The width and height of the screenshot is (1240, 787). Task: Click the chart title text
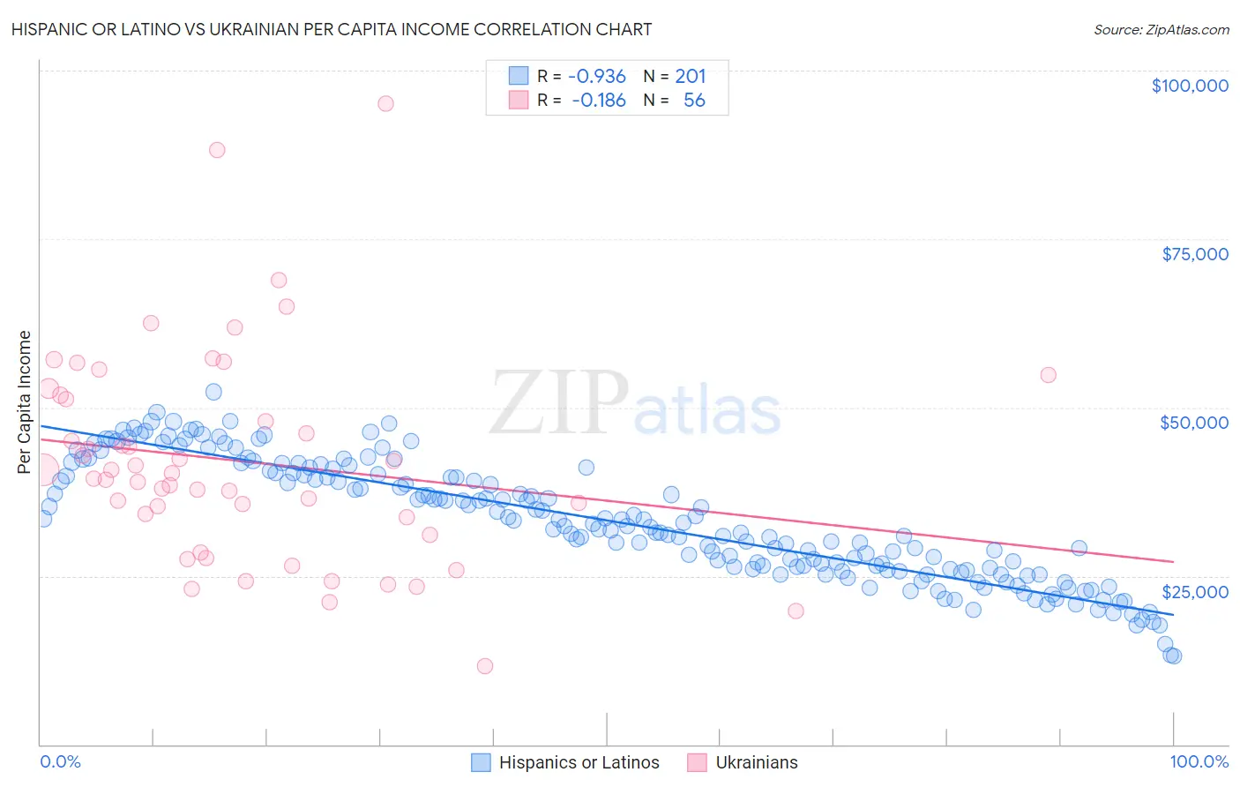click(x=332, y=29)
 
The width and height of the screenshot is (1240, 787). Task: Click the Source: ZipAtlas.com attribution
click(x=1161, y=29)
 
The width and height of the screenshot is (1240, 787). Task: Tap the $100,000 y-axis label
click(x=1190, y=86)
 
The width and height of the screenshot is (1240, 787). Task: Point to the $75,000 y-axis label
click(x=1195, y=254)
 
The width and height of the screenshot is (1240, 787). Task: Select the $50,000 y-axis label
click(x=1193, y=423)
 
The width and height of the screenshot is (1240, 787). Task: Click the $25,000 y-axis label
click(x=1195, y=592)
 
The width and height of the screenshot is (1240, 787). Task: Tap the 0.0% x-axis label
click(x=60, y=761)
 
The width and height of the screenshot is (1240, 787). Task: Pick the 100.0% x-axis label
click(x=1199, y=761)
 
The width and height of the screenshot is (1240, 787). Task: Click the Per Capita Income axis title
click(x=25, y=402)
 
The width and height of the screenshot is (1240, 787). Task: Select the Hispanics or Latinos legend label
click(x=579, y=762)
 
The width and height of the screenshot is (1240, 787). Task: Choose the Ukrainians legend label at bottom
click(x=756, y=762)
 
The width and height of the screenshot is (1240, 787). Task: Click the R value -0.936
click(x=596, y=76)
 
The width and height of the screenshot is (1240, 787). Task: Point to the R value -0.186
click(x=598, y=100)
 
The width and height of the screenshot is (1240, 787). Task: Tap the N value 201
click(x=691, y=76)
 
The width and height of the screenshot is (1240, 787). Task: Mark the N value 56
click(x=694, y=100)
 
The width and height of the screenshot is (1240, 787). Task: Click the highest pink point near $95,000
click(x=385, y=103)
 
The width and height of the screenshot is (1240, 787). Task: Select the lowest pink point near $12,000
click(x=484, y=666)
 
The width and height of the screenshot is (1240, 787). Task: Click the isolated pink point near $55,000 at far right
click(x=1048, y=375)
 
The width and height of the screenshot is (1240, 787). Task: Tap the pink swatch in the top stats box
click(x=518, y=100)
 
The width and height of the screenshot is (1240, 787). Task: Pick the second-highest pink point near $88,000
click(x=217, y=150)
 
